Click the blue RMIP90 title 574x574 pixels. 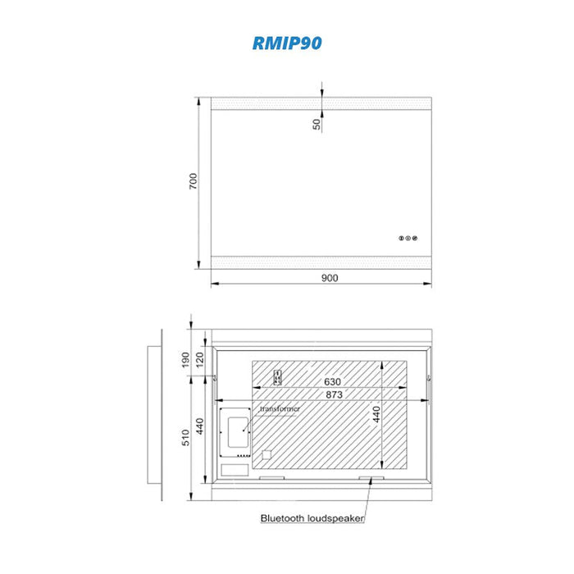[287, 43]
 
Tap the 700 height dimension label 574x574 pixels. [193, 181]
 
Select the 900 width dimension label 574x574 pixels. [330, 278]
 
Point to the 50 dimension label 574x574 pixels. [317, 124]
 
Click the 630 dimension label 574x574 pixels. [332, 382]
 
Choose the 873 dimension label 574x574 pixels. [335, 394]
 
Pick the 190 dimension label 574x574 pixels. [185, 360]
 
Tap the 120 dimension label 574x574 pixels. [199, 360]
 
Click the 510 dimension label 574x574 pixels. [185, 437]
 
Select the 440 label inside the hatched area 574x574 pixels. [376, 414]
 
